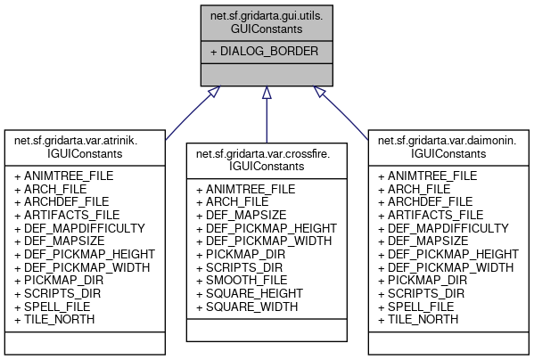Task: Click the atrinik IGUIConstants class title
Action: tap(86, 146)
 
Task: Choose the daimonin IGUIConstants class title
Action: tap(448, 146)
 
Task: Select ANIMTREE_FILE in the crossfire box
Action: tap(250, 189)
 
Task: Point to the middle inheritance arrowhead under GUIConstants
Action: tap(267, 93)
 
